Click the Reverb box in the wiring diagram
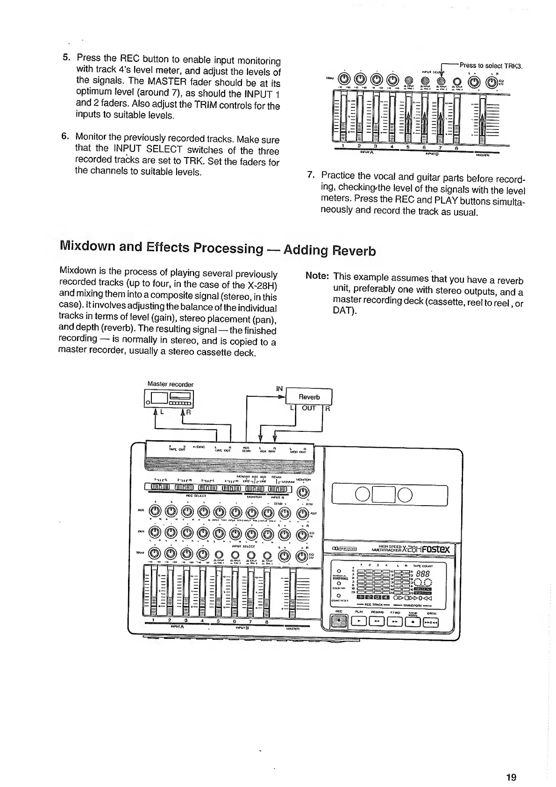pyautogui.click(x=309, y=397)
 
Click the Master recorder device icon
pyautogui.click(x=170, y=398)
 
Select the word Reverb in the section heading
pyautogui.click(x=354, y=251)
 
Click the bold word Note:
pyautogui.click(x=317, y=276)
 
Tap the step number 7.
pyautogui.click(x=310, y=175)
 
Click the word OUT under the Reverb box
pyautogui.click(x=309, y=408)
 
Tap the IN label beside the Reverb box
pyautogui.click(x=279, y=388)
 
